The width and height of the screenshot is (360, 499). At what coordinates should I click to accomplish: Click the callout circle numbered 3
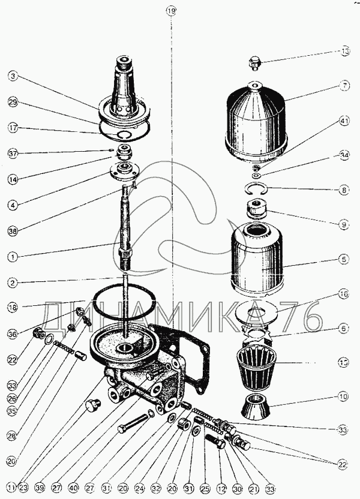13,76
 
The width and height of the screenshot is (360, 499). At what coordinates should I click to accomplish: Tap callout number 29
13,102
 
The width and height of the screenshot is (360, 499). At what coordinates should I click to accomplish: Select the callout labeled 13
345,52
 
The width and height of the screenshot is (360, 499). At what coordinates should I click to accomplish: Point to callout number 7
345,86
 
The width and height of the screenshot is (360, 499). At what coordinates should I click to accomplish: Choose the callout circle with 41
345,121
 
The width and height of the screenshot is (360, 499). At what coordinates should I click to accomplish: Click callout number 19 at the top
172,11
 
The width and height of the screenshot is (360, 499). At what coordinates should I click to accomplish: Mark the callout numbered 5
345,260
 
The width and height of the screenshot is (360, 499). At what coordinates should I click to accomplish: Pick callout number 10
345,396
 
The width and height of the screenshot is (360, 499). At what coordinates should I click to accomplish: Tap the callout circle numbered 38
13,230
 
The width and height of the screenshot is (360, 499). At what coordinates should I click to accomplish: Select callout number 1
13,256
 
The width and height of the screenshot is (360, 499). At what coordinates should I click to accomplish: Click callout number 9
345,225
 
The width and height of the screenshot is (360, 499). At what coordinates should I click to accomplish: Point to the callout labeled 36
13,334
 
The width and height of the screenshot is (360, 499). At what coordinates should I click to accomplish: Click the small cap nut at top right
255,62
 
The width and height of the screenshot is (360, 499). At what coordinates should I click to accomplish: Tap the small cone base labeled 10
256,408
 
